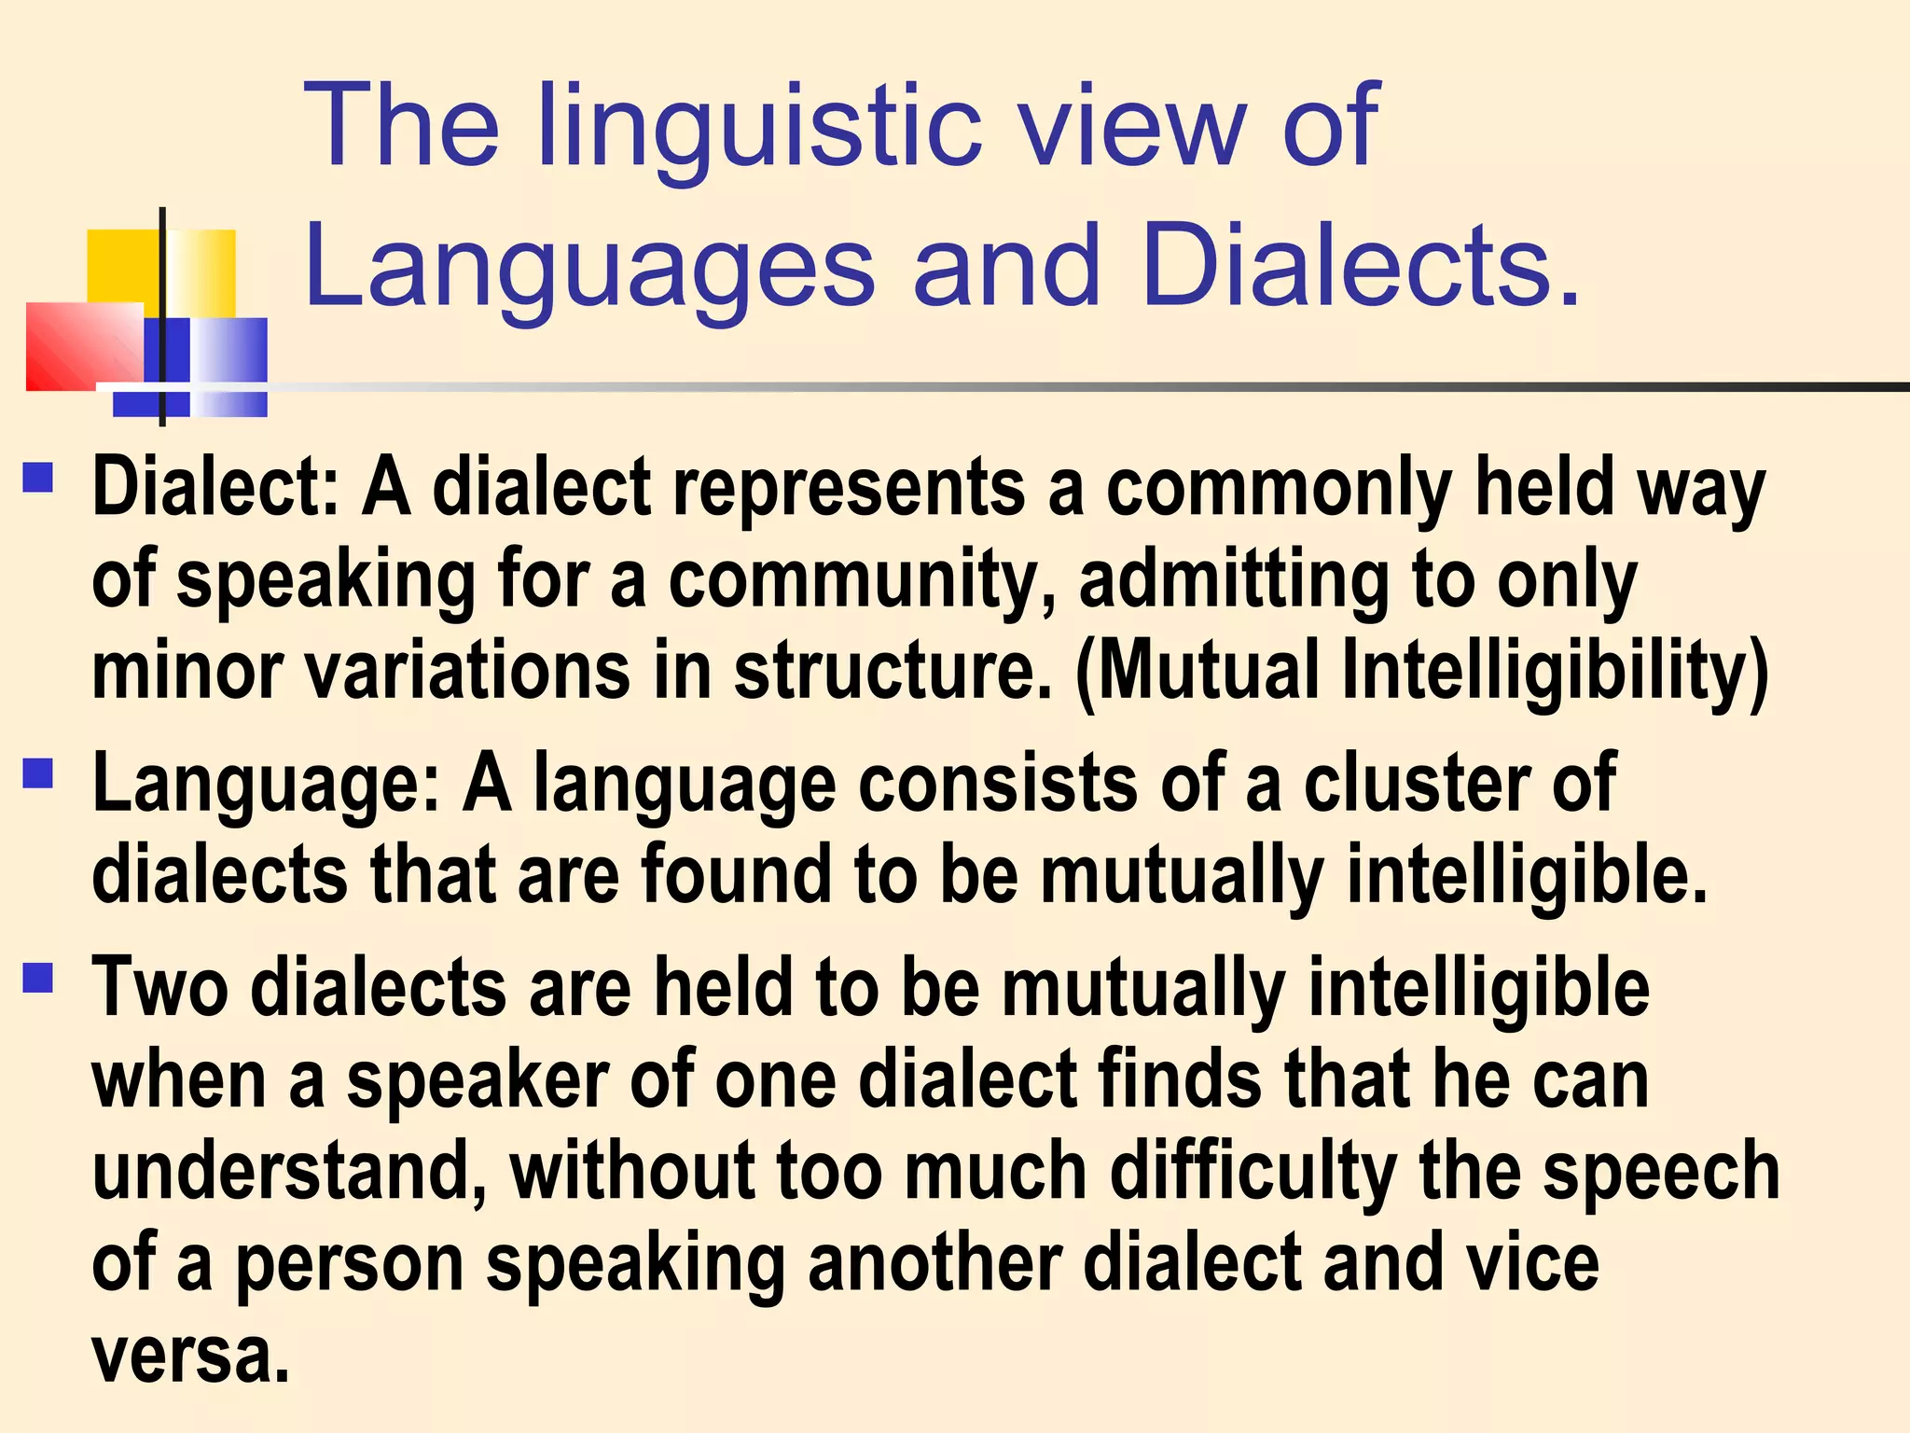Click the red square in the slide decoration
(x=84, y=346)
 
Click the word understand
(x=289, y=1172)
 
